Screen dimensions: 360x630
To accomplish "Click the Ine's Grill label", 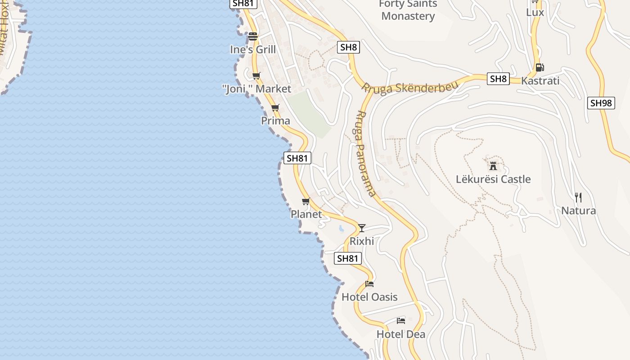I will coord(253,49).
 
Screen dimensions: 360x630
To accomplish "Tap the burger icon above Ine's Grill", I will coord(253,36).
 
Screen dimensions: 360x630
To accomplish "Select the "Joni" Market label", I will coord(257,89).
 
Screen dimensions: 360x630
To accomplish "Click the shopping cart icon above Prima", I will coord(275,108).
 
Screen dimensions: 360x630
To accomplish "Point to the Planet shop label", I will coord(306,214).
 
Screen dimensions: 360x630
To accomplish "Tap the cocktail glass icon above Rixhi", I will coord(362,228).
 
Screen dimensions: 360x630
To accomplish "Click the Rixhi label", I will coord(362,241).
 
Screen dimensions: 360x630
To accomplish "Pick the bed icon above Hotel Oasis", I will coord(369,283).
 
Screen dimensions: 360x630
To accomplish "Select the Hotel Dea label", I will coord(400,334).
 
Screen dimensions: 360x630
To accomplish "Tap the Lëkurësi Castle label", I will coord(493,179).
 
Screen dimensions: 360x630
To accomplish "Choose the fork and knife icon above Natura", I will coord(578,197).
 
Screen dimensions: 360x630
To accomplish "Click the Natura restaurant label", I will coord(578,211).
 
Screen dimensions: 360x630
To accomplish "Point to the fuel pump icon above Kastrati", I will coord(540,67).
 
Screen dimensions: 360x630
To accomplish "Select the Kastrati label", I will coord(540,81).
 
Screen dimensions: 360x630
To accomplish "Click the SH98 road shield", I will coord(601,103).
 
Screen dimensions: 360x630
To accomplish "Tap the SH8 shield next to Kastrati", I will coord(498,79).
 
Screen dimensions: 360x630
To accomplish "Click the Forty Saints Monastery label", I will coord(408,10).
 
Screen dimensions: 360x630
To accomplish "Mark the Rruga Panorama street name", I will coord(365,153).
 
